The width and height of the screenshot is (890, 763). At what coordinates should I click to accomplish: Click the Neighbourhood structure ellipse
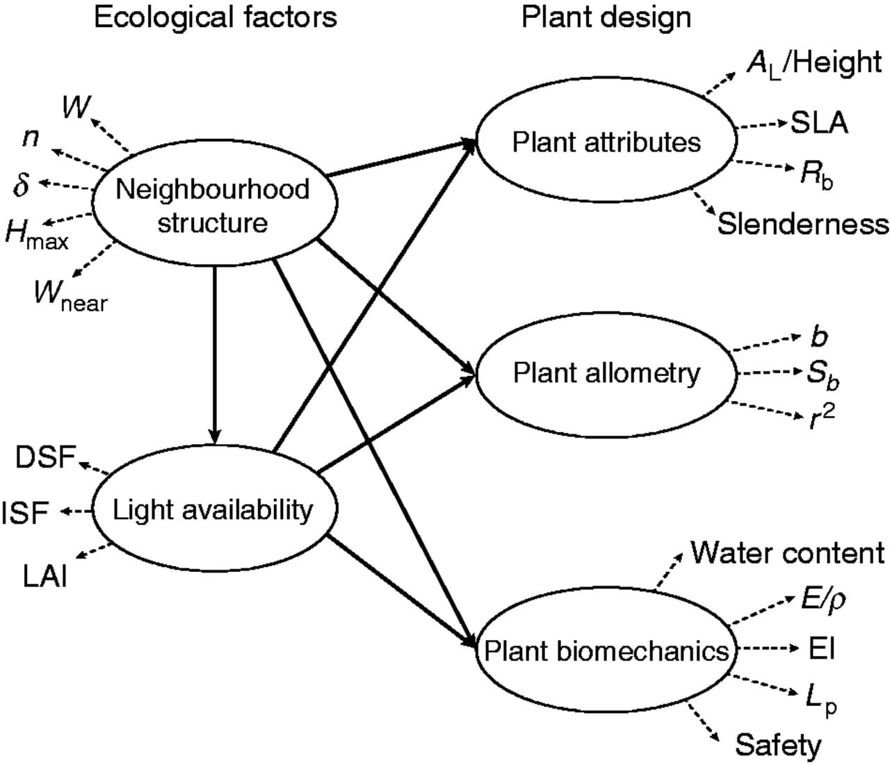pos(214,206)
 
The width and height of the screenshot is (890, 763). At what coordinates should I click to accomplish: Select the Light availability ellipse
pos(213,510)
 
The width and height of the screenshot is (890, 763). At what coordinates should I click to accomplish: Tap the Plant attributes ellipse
pos(606,142)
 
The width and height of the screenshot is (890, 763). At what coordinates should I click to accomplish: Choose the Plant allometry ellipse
pos(606,373)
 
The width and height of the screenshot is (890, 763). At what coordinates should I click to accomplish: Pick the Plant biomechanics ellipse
pos(606,651)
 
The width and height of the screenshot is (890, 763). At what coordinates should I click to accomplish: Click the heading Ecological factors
pos(215,17)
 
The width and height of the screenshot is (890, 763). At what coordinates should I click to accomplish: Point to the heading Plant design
pos(606,17)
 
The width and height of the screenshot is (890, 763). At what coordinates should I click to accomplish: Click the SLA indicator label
pos(819,123)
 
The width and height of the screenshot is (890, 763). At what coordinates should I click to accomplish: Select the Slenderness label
pos(803,224)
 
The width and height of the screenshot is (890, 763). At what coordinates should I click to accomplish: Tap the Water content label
pos(787,553)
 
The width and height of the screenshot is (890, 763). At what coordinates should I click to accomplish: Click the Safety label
pos(778,745)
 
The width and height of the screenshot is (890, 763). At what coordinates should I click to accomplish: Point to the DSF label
pos(45,458)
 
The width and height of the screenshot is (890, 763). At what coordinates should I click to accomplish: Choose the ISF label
pos(26,513)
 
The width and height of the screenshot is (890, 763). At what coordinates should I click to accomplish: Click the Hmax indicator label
pos(36,233)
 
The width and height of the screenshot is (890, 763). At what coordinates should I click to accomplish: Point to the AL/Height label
pos(814,63)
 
